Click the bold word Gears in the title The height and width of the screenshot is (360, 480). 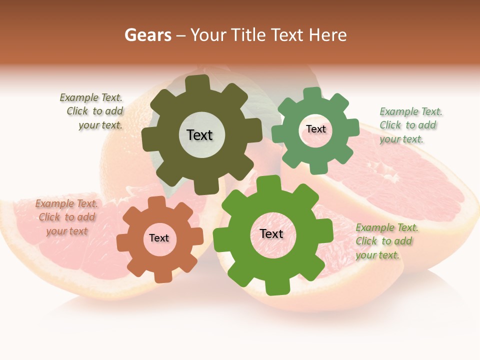(148, 35)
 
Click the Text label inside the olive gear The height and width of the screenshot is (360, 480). (200, 135)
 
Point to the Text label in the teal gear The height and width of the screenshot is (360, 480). (316, 129)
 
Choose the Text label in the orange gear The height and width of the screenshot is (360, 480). (159, 238)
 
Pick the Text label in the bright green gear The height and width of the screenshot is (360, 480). (271, 233)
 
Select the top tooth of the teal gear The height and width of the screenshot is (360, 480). (312, 93)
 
